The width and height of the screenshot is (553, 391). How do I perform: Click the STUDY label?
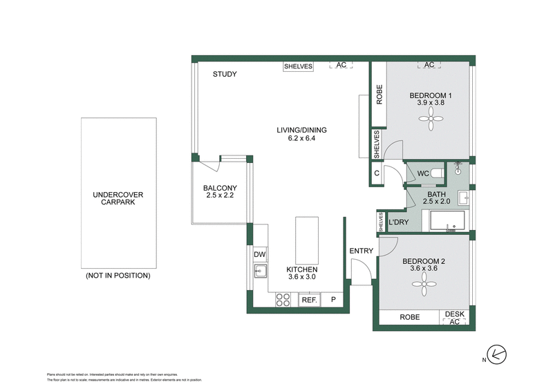(x=225, y=74)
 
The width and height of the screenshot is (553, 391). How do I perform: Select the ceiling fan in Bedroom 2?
(x=420, y=286)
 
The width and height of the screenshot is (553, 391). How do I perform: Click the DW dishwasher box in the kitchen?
(x=260, y=255)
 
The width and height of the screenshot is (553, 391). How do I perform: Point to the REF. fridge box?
(x=308, y=300)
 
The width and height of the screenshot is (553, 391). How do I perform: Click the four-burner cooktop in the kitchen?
(x=283, y=300)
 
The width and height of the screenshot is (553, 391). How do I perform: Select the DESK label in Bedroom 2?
(x=455, y=314)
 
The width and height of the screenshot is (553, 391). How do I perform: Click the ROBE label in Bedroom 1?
(x=379, y=94)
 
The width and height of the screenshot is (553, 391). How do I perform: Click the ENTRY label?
(x=361, y=251)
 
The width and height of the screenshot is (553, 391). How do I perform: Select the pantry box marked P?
(x=332, y=300)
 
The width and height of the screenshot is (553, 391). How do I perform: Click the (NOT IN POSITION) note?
(x=118, y=276)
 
